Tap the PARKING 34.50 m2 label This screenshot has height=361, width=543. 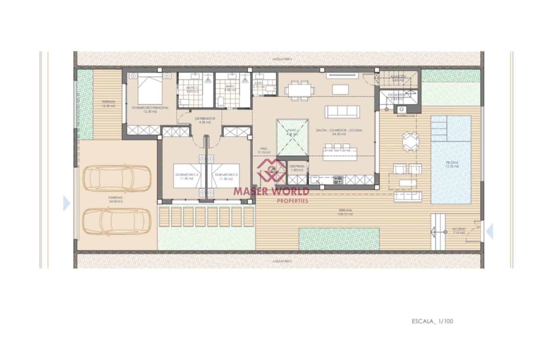[115, 199]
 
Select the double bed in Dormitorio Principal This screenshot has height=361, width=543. [150, 89]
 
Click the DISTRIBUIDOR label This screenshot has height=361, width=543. [205, 120]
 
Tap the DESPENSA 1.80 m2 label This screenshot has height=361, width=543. [297, 168]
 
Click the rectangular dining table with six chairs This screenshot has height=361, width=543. [298, 91]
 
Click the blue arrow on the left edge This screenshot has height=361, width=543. [67, 204]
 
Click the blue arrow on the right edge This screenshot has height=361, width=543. [490, 232]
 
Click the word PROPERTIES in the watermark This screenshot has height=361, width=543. [293, 201]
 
